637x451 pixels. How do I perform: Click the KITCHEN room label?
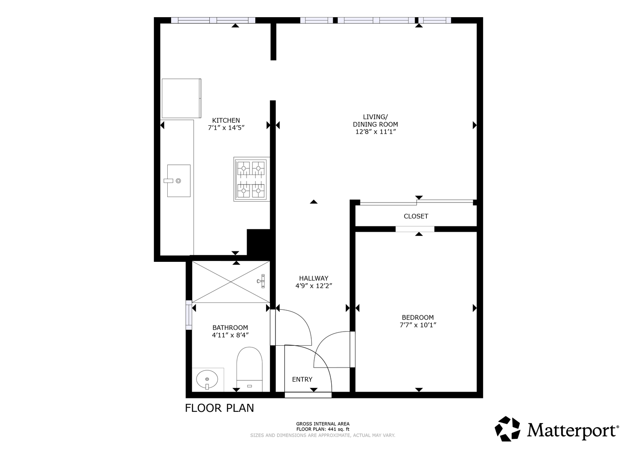click(x=226, y=120)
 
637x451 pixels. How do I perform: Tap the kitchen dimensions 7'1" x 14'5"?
click(x=226, y=128)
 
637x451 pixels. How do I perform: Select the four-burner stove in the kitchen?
click(x=252, y=179)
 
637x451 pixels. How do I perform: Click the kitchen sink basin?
click(x=179, y=181)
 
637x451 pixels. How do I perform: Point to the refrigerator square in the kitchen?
click(x=181, y=98)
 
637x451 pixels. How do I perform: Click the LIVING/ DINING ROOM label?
click(x=375, y=120)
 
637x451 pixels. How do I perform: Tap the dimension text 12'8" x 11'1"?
click(x=376, y=132)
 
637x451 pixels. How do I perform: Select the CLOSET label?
click(x=416, y=216)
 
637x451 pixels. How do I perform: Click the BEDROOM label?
click(x=418, y=317)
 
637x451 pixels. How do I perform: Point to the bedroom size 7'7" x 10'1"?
click(x=418, y=325)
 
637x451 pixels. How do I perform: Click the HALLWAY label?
click(x=314, y=278)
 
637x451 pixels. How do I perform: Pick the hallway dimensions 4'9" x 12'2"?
click(x=314, y=286)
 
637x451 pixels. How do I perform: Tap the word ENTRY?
click(x=302, y=379)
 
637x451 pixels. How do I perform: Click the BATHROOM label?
click(x=230, y=328)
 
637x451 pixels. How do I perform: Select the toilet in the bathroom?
click(x=249, y=369)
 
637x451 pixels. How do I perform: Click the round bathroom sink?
click(x=207, y=380)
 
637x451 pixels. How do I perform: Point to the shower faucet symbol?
click(x=261, y=281)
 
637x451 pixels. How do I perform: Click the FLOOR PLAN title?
click(x=219, y=408)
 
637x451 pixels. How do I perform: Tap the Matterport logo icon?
click(x=507, y=429)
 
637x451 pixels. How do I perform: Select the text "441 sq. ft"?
click(x=339, y=429)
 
